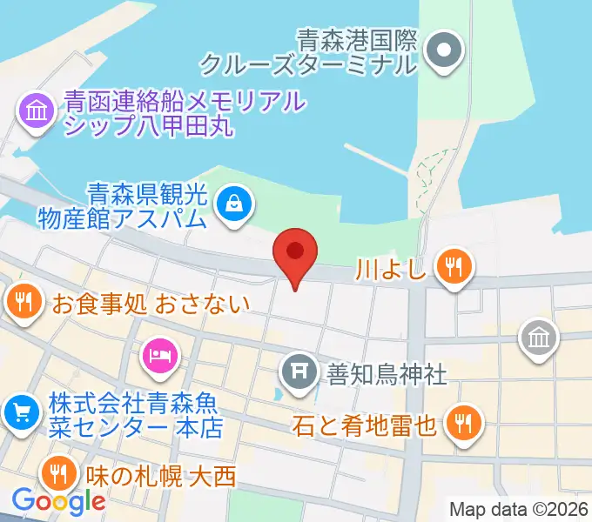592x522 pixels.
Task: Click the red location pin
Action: point(295,253)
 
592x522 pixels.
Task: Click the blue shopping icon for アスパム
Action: point(236,204)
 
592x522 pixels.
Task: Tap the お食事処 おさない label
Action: point(151,304)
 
